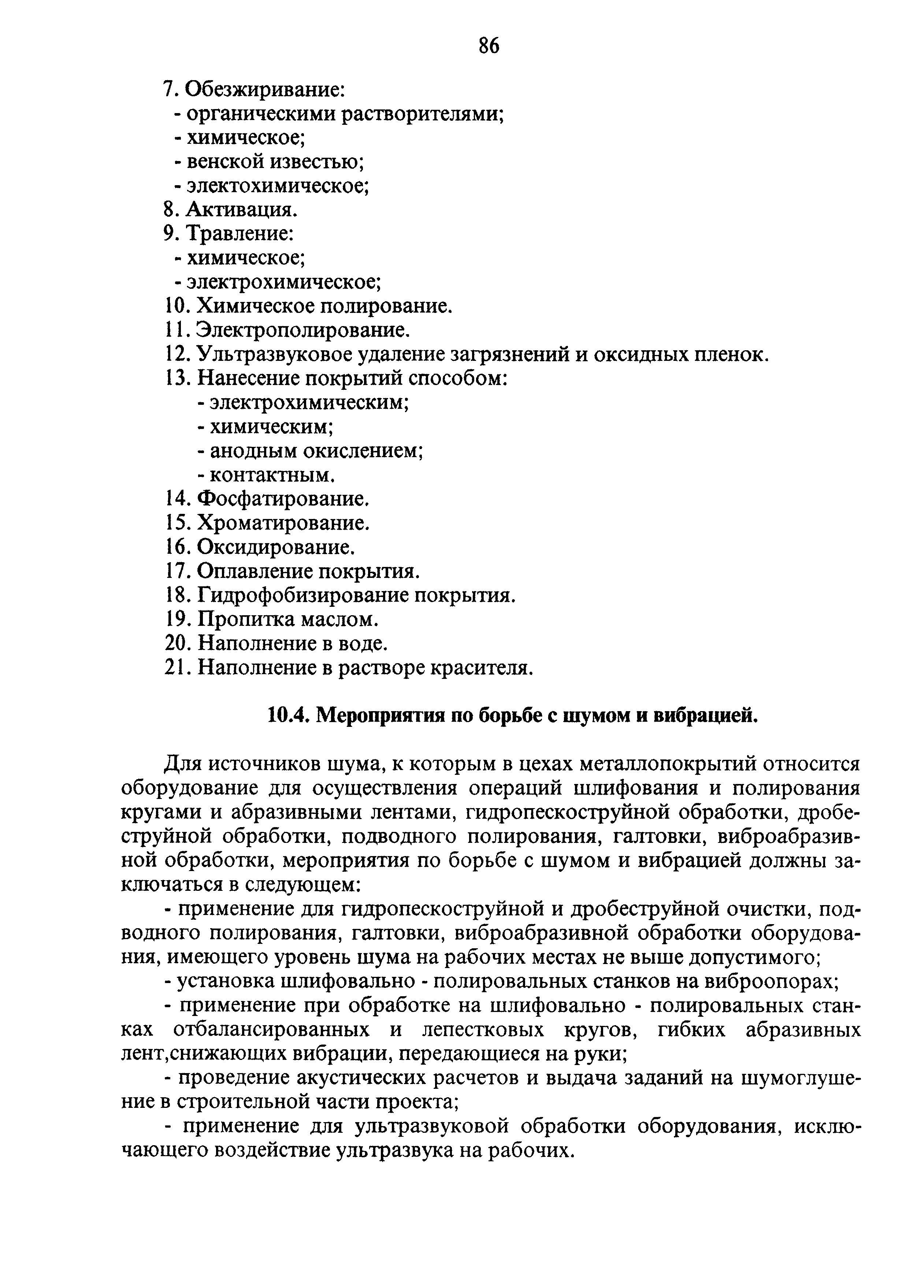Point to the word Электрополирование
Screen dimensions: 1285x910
click(x=302, y=330)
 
